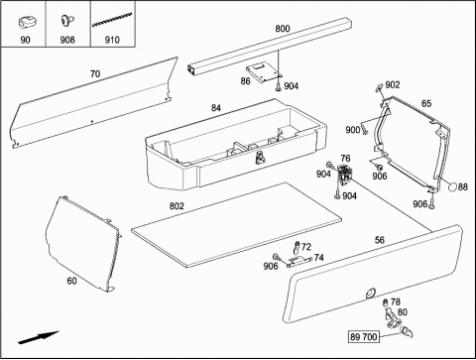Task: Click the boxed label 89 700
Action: point(364,337)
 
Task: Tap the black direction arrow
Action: point(39,337)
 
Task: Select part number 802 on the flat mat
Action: point(177,206)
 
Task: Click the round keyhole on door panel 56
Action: point(371,294)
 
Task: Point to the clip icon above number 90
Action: point(26,23)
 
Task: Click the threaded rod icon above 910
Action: point(112,19)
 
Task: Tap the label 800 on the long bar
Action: point(283,29)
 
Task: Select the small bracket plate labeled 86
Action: point(264,72)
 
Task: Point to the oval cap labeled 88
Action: point(452,186)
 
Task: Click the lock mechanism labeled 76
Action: point(345,174)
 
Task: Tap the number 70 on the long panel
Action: point(95,73)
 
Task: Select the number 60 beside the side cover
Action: point(71,281)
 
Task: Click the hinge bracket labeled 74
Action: point(299,262)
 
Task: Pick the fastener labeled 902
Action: point(379,87)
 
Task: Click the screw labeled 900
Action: point(364,128)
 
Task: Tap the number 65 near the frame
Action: point(426,104)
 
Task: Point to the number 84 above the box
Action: point(216,108)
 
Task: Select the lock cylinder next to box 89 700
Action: point(407,331)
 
